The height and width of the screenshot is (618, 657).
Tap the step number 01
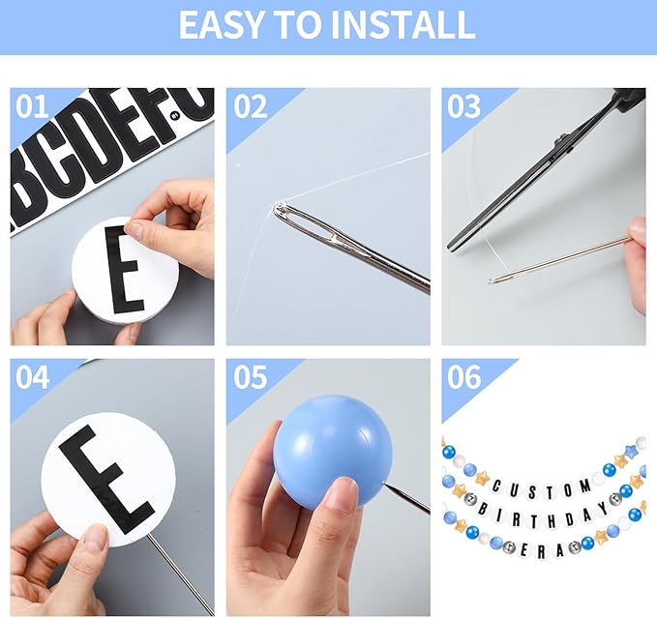tap(32, 106)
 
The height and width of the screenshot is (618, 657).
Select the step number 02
tap(251, 106)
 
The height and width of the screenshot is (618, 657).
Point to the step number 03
tap(463, 106)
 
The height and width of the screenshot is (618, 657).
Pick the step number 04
tap(32, 377)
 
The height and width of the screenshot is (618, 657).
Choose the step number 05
tap(251, 377)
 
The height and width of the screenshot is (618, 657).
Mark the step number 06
tap(463, 377)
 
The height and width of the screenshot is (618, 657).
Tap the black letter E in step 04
tap(106, 479)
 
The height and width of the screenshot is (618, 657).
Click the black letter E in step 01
tap(124, 270)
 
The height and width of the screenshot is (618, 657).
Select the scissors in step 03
tap(545, 172)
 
